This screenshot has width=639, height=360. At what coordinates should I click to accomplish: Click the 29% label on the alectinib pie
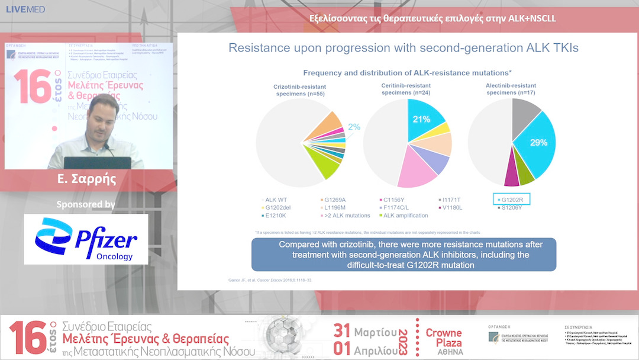[x=538, y=143]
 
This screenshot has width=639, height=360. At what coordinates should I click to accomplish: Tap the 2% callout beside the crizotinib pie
[x=354, y=126]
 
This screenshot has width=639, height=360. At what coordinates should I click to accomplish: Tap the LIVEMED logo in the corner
[x=25, y=9]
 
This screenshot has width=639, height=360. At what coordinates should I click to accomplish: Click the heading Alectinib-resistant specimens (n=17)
[x=512, y=89]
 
